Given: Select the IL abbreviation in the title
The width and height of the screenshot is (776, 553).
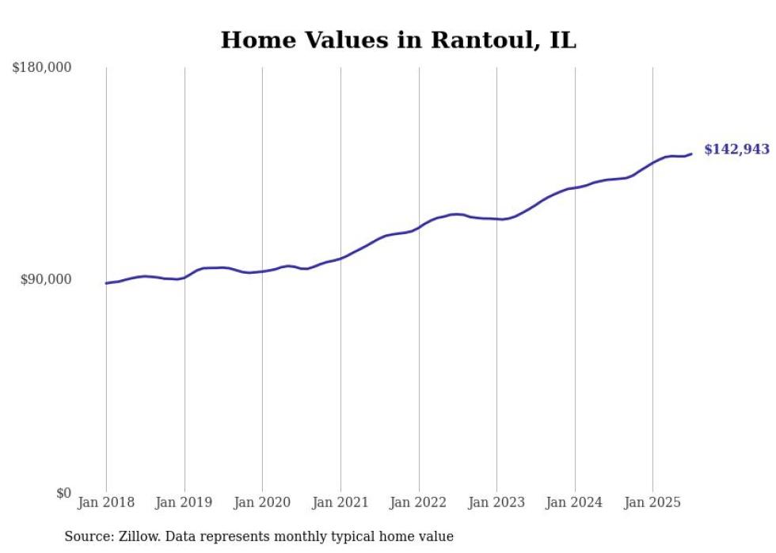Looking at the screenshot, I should (560, 40).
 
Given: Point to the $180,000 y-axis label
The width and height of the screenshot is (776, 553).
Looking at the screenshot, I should (42, 68).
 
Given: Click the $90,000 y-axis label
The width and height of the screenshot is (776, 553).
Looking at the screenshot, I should (46, 279).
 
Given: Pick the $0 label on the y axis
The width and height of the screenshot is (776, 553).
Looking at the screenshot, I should (63, 494).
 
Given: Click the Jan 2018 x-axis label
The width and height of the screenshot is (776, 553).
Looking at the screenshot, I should (106, 502).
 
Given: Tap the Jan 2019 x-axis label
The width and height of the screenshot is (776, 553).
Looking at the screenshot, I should (184, 502).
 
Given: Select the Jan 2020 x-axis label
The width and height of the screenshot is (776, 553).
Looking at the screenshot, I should (262, 502).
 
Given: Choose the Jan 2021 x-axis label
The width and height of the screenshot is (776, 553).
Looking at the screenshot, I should (340, 502).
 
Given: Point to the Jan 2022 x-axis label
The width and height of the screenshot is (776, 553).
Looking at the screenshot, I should (419, 502).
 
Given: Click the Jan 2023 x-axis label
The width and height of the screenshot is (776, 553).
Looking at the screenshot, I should (496, 502).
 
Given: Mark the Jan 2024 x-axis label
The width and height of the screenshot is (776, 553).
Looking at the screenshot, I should (575, 502).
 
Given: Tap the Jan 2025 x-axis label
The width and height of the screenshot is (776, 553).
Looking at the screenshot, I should (652, 502).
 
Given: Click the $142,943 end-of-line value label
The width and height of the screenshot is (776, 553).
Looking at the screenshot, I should (736, 150).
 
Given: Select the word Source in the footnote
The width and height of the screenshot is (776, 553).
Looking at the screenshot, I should (86, 537).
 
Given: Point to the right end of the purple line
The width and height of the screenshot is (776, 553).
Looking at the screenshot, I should (691, 154).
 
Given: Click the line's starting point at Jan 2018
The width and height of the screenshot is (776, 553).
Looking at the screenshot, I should (106, 283).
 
